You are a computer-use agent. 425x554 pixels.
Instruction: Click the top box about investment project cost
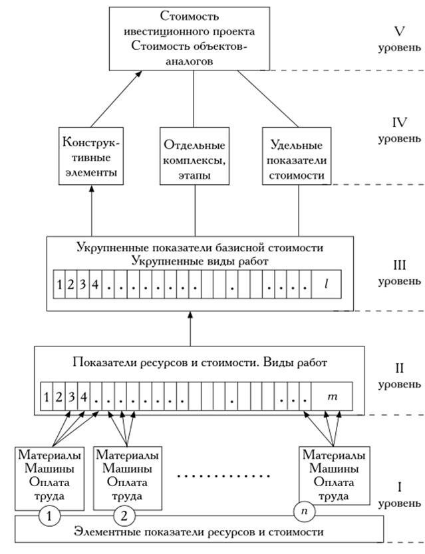coord(194,38)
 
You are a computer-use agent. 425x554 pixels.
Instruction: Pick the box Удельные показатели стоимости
coord(297,157)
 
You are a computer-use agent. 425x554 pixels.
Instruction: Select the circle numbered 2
coord(124,515)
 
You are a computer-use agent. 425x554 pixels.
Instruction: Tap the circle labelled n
coord(304,511)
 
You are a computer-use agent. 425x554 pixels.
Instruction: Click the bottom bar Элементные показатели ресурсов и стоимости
coord(200,532)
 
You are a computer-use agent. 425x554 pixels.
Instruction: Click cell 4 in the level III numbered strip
coord(96,285)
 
